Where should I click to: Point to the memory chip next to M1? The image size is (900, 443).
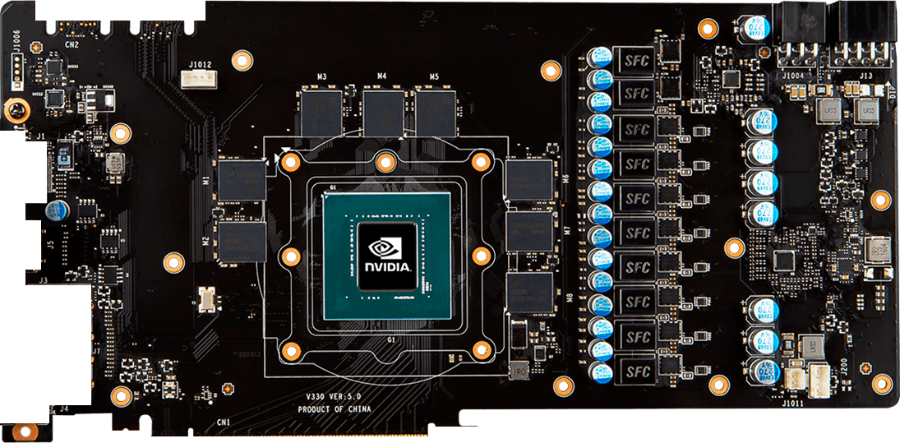point(243,179)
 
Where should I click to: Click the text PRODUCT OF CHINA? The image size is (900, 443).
point(335,409)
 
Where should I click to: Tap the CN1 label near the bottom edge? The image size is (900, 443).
point(223,422)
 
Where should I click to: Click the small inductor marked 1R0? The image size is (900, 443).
point(519,371)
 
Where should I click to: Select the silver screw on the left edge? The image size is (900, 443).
point(15,110)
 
